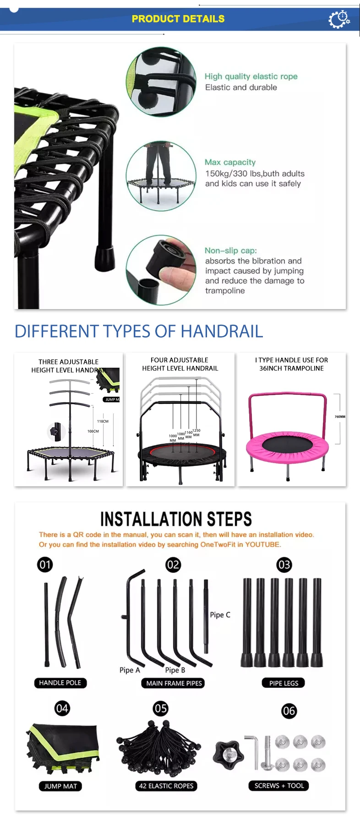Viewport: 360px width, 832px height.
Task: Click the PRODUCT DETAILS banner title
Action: click(x=178, y=19)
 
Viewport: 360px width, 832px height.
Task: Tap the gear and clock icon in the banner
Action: click(x=339, y=19)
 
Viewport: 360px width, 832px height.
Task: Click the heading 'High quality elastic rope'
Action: click(x=251, y=76)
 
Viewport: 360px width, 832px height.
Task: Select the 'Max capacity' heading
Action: click(x=230, y=162)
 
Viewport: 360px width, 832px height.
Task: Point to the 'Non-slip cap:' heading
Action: click(x=231, y=250)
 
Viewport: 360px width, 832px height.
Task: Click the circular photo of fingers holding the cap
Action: click(x=161, y=270)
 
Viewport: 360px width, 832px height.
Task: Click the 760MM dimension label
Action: click(x=340, y=417)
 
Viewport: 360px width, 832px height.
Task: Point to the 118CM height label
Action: click(x=103, y=421)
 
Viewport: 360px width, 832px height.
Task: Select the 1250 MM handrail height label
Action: click(x=196, y=433)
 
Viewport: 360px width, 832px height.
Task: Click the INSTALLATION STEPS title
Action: click(x=176, y=519)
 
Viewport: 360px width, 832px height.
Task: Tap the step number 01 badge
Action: click(x=45, y=565)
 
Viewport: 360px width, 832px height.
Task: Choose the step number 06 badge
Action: click(x=289, y=711)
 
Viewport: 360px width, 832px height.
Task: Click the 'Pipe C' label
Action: click(x=220, y=614)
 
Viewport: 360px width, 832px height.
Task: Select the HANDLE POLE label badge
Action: click(x=60, y=683)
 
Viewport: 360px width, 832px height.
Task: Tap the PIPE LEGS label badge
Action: click(x=284, y=683)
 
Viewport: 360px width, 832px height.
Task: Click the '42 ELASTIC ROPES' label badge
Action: click(x=166, y=786)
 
